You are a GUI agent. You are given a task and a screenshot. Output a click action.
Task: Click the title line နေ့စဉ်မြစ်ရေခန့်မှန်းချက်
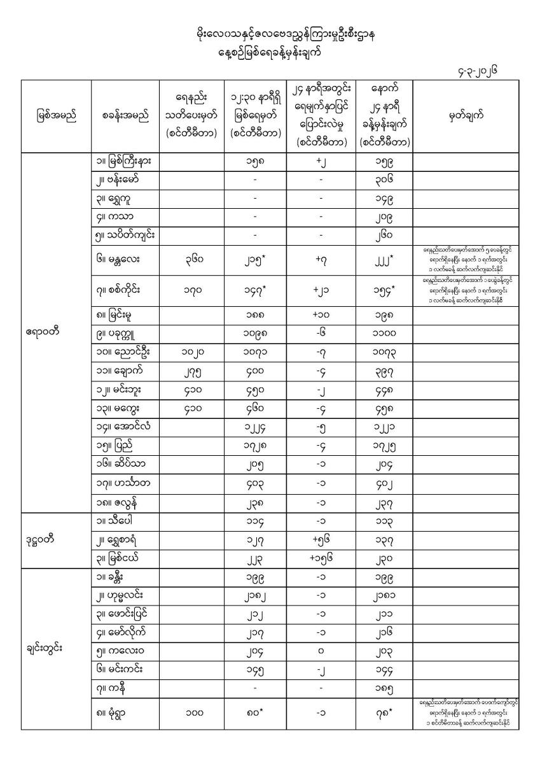pyautogui.click(x=269, y=53)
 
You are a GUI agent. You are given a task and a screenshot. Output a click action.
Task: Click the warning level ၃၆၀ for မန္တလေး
pyautogui.click(x=191, y=260)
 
